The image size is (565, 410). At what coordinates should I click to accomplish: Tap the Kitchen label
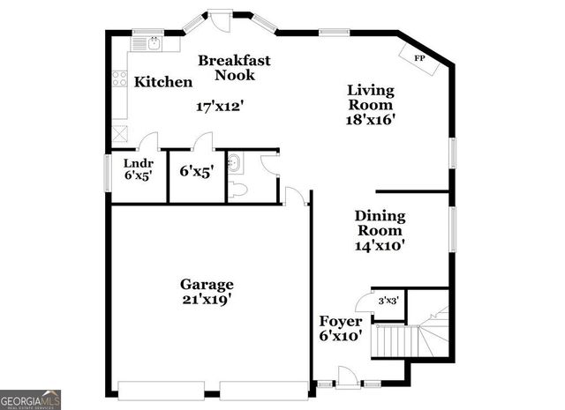[x=163, y=82]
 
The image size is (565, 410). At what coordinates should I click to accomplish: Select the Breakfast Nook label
[x=234, y=68]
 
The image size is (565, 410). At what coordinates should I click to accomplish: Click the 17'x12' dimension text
[x=218, y=106]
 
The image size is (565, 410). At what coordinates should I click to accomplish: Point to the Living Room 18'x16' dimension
[x=370, y=119]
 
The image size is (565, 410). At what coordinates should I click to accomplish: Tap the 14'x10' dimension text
[x=380, y=246]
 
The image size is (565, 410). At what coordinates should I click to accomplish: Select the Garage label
[x=207, y=284]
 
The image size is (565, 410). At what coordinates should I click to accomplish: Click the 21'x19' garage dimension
[x=207, y=300]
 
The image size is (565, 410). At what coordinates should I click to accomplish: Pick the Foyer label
[x=340, y=321]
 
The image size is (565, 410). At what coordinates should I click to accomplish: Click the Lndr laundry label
[x=139, y=163]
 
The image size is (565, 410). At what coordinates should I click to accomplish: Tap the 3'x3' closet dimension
[x=388, y=301]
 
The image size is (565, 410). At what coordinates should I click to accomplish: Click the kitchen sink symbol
[x=145, y=41]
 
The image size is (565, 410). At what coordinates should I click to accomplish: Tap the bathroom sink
[x=235, y=163]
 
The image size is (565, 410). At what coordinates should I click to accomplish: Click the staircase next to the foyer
[x=406, y=339]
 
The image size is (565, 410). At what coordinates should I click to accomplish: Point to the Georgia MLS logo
[x=31, y=399]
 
